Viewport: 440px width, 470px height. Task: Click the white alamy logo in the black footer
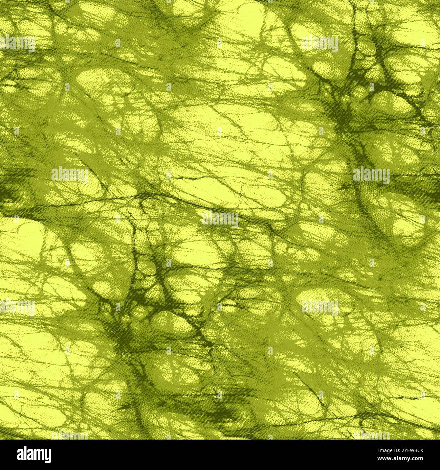(x=34, y=454)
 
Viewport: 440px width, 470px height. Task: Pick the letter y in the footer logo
(x=48, y=456)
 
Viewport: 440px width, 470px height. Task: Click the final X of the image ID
(x=421, y=451)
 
